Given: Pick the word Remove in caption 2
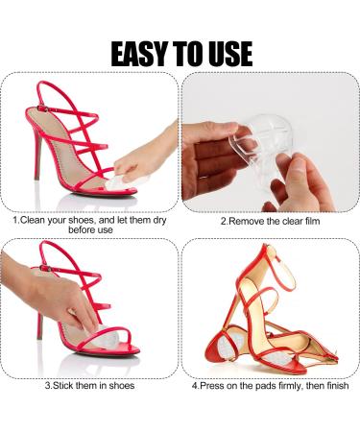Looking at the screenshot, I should click(248, 220).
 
